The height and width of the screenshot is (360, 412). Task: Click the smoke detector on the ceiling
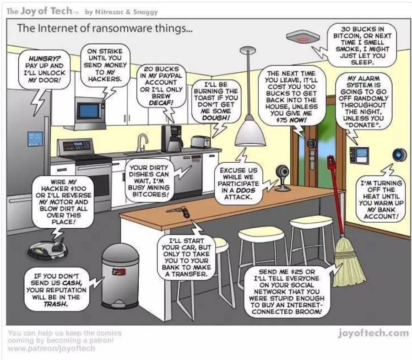303,37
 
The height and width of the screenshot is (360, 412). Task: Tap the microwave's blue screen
89,111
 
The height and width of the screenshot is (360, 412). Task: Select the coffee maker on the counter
172,139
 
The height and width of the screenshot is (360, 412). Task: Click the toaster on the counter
201,142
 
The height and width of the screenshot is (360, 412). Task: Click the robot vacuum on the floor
48,248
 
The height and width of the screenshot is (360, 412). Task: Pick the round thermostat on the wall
399,155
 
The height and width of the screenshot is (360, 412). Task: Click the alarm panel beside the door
359,156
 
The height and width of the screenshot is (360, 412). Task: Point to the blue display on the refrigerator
35,139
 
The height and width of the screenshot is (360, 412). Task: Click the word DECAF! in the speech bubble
161,102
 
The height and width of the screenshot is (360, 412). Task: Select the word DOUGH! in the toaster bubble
216,118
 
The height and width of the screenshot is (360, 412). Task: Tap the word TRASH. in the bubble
56,304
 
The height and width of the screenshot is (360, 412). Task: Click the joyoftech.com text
373,333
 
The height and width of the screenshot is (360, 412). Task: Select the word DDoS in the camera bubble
245,190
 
